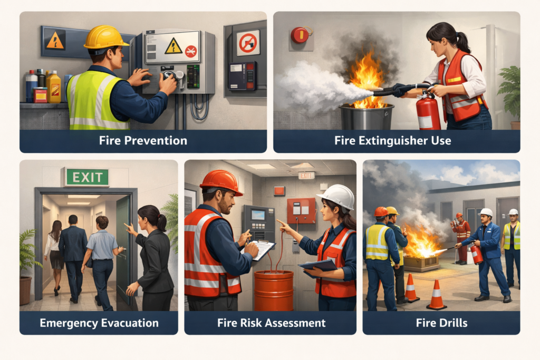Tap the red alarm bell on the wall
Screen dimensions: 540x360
tap(300, 35)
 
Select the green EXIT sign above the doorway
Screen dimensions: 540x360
tap(88, 177)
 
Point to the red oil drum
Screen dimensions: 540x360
tap(274, 290)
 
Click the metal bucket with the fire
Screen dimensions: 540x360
tap(366, 116)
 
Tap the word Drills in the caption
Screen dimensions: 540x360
tap(451, 323)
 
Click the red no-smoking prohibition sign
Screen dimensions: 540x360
tap(248, 43)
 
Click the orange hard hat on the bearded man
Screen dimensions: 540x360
tap(221, 182)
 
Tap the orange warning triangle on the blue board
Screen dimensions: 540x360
tap(55, 40)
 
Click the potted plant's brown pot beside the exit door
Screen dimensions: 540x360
tap(25, 290)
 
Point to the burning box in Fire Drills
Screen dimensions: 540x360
tap(421, 262)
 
